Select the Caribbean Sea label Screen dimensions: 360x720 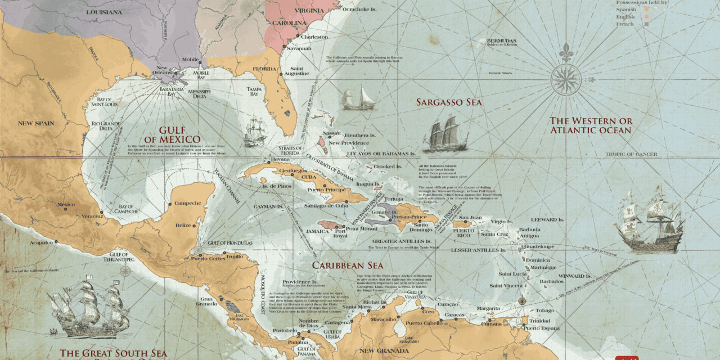pos(348,265)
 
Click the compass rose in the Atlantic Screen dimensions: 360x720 pos(566,79)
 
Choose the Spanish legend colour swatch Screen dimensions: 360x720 pos(646,10)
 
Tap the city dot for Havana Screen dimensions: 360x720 pos(268,161)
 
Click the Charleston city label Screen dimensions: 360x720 pos(314,37)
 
